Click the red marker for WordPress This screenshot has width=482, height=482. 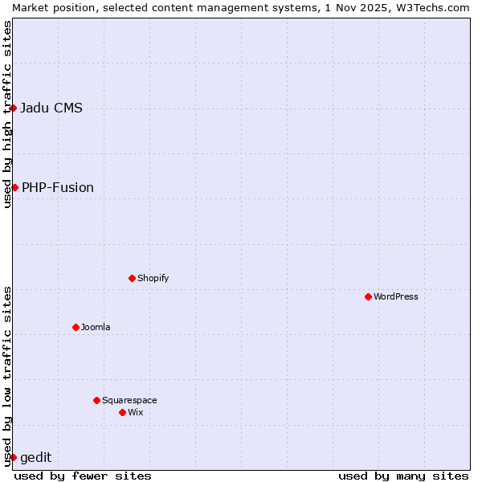coord(368,296)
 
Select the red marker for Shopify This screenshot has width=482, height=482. coord(132,278)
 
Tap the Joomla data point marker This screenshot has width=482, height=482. coord(76,327)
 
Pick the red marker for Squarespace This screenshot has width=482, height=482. coord(96,400)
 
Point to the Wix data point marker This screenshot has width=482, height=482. coord(122,412)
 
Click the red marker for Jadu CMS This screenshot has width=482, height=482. coord(14,108)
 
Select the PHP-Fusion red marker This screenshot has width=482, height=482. coord(14,187)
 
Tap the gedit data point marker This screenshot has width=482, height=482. coord(14,457)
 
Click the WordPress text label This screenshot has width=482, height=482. coord(396,296)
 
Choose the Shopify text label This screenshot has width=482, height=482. coord(153,278)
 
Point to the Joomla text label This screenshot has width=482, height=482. coord(96,327)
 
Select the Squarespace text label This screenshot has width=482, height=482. coord(129,400)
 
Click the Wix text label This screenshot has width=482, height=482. coord(135,412)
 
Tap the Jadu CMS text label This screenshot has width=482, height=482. coord(51,108)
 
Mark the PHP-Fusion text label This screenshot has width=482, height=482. coord(58,188)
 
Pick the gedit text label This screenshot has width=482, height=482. coord(36,458)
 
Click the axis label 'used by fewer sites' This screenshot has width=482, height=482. coord(83,476)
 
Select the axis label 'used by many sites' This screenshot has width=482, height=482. coord(403,476)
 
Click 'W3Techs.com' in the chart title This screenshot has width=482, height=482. coord(437,7)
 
